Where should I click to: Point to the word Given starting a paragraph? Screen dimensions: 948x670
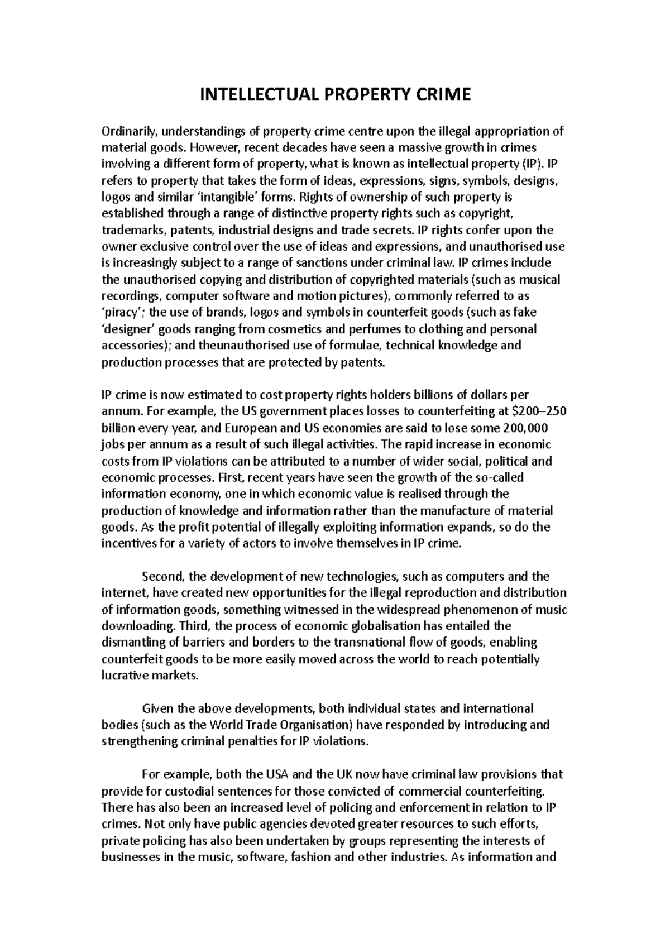coord(158,709)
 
